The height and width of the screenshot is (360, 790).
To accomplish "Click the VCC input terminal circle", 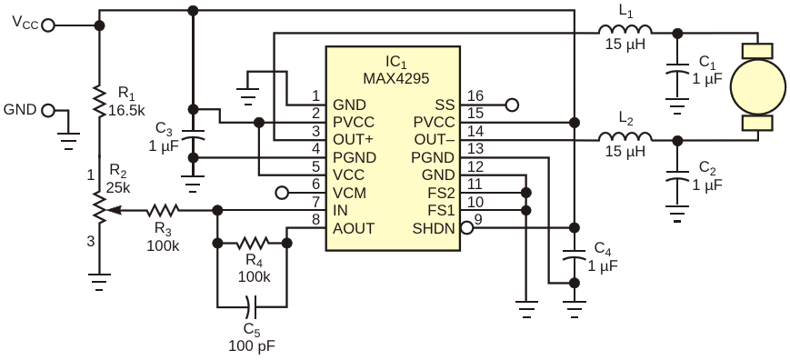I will click(x=48, y=25).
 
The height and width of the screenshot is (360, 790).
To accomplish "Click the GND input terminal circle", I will click(x=48, y=110).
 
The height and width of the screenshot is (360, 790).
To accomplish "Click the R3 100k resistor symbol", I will click(x=165, y=210).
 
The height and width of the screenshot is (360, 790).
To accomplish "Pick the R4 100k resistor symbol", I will click(x=252, y=244).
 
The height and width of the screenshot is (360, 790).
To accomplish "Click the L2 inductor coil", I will click(x=625, y=139).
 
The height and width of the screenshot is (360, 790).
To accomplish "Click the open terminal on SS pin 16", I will click(x=512, y=105).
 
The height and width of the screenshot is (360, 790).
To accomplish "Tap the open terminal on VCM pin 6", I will click(x=282, y=193).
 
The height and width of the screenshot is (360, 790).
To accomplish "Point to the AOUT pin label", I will click(x=354, y=228).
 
